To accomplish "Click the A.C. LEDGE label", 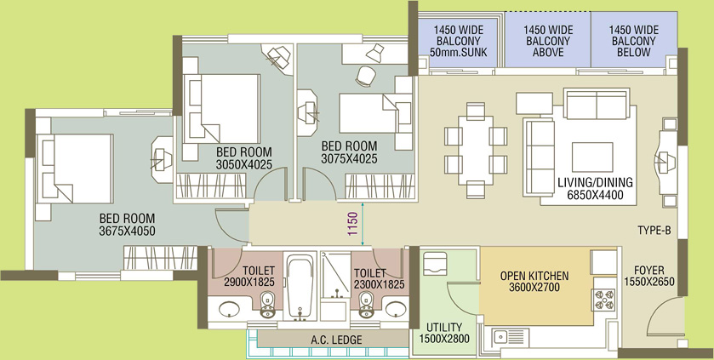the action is click(x=336, y=340).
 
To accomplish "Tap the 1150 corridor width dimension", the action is click(x=352, y=224).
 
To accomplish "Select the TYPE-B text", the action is click(x=654, y=231).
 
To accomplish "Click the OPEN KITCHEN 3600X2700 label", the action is click(x=534, y=281).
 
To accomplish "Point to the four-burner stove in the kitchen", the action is click(x=604, y=300).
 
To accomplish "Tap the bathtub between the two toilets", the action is click(x=300, y=287).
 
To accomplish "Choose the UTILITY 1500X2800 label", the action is click(x=444, y=333).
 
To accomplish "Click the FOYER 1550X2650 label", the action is click(x=648, y=276).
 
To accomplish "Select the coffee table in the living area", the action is click(x=592, y=157).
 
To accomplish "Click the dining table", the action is click(x=476, y=150).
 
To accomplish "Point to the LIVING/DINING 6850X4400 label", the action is click(x=595, y=189).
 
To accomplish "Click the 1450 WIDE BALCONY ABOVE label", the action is click(x=548, y=41).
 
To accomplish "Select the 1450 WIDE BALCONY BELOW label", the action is click(x=633, y=41).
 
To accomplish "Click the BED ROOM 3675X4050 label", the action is click(x=127, y=225).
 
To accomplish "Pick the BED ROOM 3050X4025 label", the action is click(x=244, y=158).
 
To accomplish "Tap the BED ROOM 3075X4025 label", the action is click(x=349, y=152).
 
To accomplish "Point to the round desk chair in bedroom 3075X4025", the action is click(x=366, y=76).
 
